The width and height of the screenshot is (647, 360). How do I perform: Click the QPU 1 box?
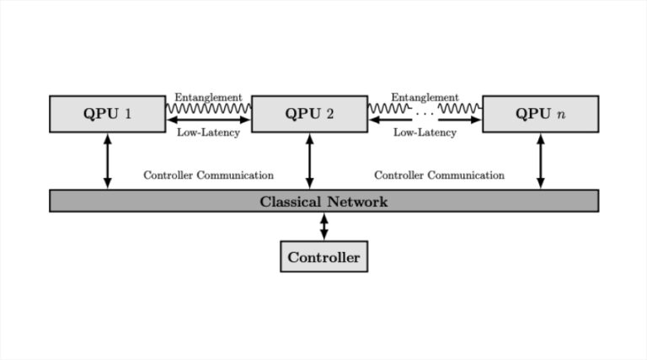[107, 114]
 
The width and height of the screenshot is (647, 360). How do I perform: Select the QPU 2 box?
[309, 114]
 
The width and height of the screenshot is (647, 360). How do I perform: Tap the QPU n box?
[540, 114]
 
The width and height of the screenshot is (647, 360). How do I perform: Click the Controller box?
[323, 257]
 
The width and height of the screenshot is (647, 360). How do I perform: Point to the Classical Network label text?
[323, 201]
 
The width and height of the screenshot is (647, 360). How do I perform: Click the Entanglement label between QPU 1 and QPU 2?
[208, 98]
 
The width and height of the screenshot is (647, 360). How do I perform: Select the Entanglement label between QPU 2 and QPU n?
[425, 98]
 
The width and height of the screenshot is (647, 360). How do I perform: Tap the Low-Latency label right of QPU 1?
[208, 132]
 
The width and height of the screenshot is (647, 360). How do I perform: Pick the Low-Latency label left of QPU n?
[425, 132]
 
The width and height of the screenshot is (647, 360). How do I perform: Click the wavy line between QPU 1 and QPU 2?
[208, 109]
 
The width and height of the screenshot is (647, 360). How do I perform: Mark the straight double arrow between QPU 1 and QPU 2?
[208, 120]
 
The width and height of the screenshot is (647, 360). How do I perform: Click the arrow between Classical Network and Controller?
[323, 226]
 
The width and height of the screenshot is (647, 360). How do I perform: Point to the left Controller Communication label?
[208, 175]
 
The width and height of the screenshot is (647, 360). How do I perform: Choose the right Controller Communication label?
[439, 175]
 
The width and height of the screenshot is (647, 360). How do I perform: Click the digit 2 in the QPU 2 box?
[330, 114]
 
